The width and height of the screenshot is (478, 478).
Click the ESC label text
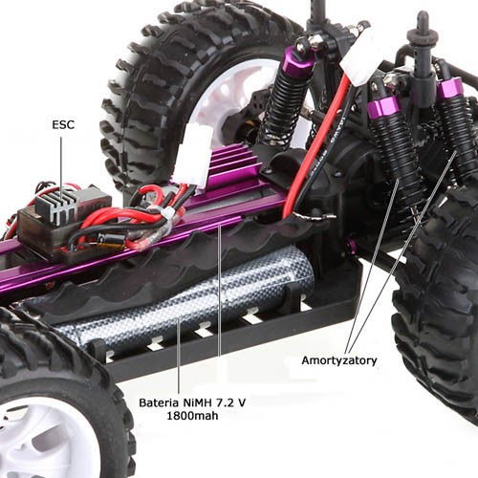(63, 124)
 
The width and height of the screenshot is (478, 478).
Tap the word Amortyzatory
(339, 361)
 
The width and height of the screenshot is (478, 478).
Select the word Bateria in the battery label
(159, 402)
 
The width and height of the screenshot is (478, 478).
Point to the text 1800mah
(192, 416)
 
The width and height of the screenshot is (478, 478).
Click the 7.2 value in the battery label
(223, 402)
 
